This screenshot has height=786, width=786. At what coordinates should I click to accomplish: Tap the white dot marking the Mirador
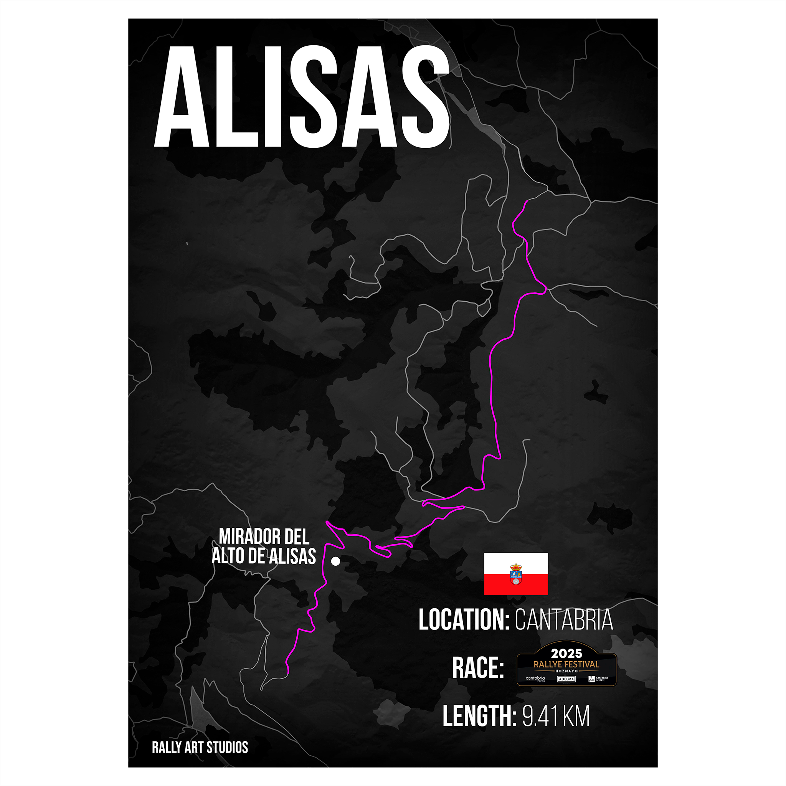335,561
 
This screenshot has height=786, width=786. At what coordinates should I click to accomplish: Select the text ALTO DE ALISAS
264,556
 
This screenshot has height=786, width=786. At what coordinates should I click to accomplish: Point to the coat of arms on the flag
515,574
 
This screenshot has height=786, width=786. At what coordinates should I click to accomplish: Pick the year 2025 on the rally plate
566,654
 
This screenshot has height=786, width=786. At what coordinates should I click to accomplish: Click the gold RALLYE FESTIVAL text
566,664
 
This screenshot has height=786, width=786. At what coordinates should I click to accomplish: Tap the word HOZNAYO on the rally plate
566,671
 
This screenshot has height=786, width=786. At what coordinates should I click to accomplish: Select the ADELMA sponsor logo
566,679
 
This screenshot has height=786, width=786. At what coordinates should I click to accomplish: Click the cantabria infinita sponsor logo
535,679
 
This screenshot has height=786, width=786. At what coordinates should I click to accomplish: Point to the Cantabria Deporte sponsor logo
598,679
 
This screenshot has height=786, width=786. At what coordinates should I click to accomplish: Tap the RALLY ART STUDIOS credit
200,747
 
